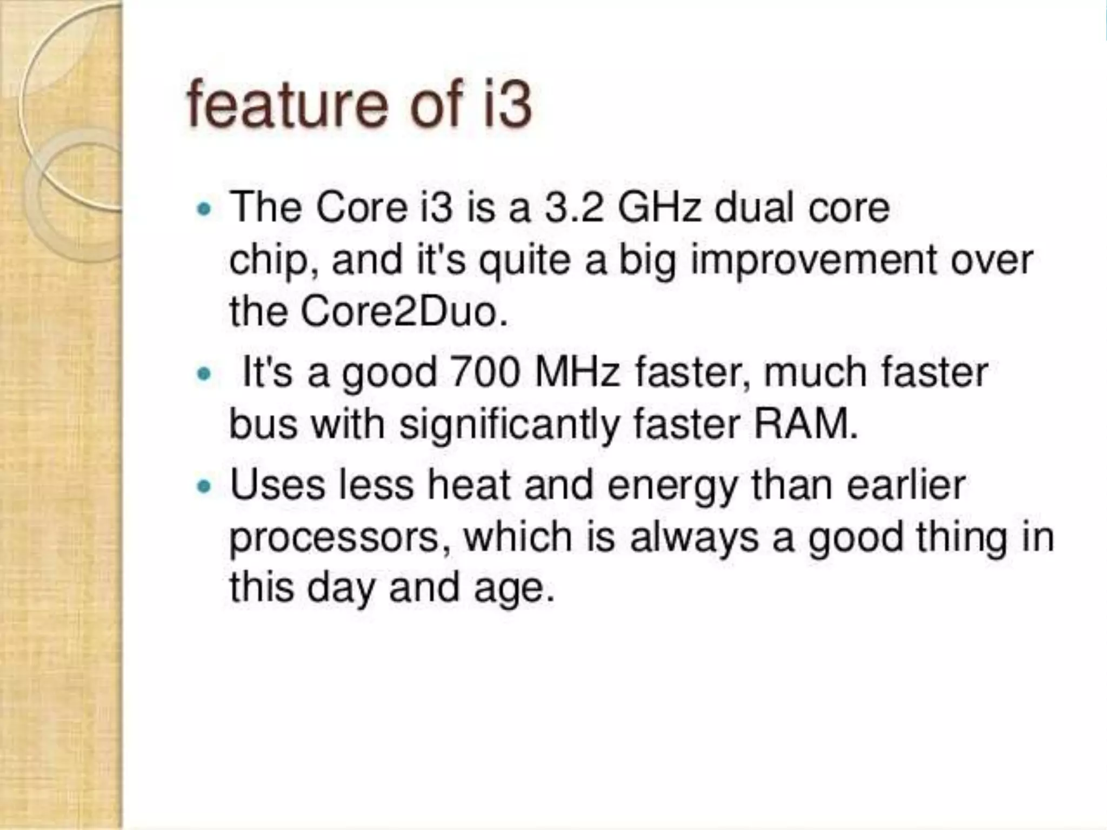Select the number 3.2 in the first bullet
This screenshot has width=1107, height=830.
click(573, 208)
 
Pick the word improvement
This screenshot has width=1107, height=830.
click(815, 260)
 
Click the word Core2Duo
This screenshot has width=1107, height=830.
click(404, 312)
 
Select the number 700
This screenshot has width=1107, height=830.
click(484, 373)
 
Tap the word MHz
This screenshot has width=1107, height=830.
click(576, 373)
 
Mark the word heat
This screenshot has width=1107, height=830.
click(469, 485)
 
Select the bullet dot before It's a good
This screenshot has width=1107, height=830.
click(204, 373)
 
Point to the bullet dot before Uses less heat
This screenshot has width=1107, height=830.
click(204, 486)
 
